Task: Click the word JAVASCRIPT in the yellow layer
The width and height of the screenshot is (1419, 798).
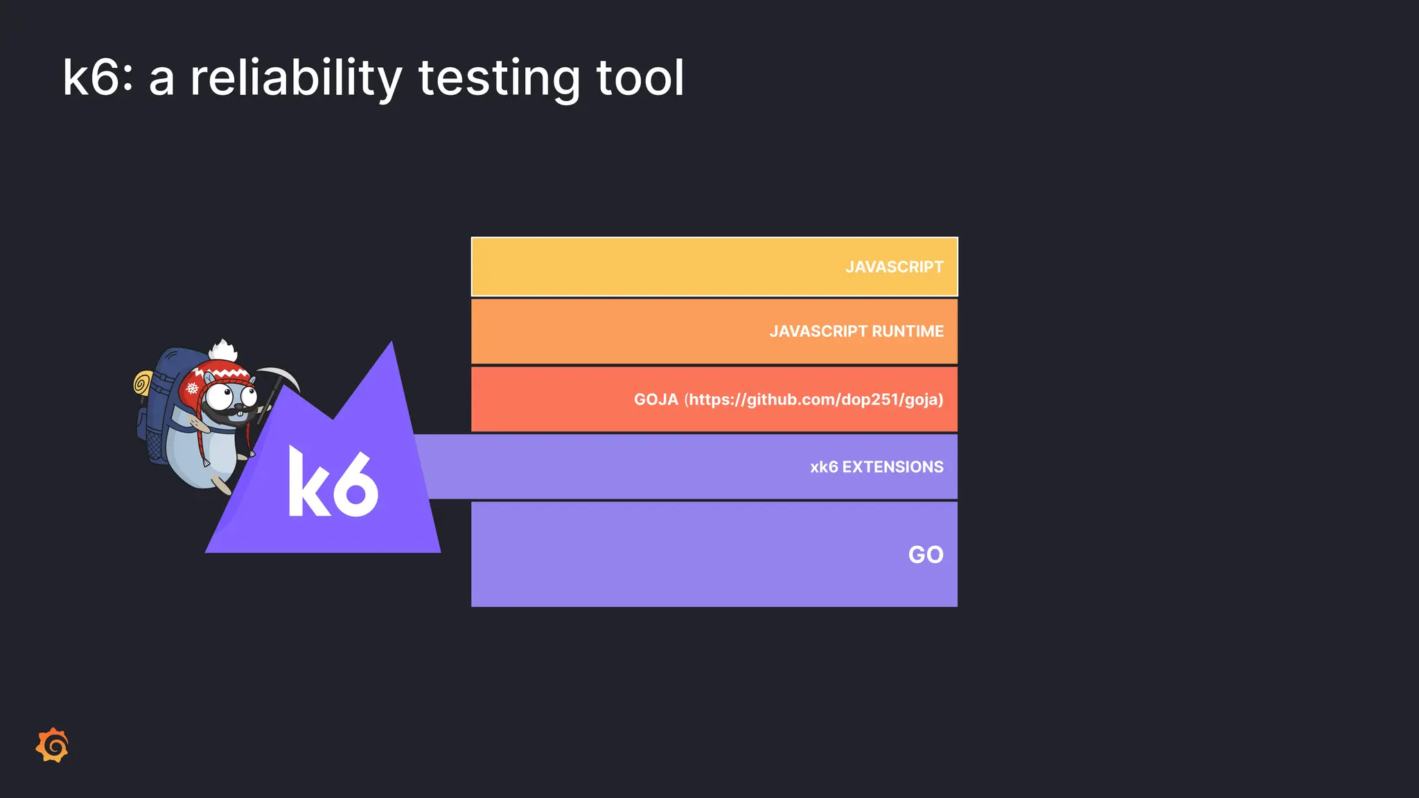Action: point(894,267)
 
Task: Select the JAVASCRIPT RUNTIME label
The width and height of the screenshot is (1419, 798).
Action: point(856,331)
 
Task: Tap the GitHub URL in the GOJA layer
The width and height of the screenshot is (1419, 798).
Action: point(814,400)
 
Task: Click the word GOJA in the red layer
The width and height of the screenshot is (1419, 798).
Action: point(655,400)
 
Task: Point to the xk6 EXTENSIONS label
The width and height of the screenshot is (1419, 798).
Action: point(876,467)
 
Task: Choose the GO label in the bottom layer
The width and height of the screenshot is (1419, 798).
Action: point(926,555)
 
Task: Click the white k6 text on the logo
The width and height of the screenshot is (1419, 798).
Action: point(333,482)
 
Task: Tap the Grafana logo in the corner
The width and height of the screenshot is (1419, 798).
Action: point(53,745)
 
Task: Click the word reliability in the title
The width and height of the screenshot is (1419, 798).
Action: point(296,78)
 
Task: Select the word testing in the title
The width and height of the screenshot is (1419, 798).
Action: point(499,78)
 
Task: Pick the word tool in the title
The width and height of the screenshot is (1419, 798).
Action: point(640,78)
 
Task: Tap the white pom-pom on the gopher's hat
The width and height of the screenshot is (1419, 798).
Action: point(223,351)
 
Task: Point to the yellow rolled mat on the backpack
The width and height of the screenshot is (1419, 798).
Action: point(143,383)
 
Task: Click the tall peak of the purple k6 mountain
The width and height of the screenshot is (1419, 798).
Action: point(391,353)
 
